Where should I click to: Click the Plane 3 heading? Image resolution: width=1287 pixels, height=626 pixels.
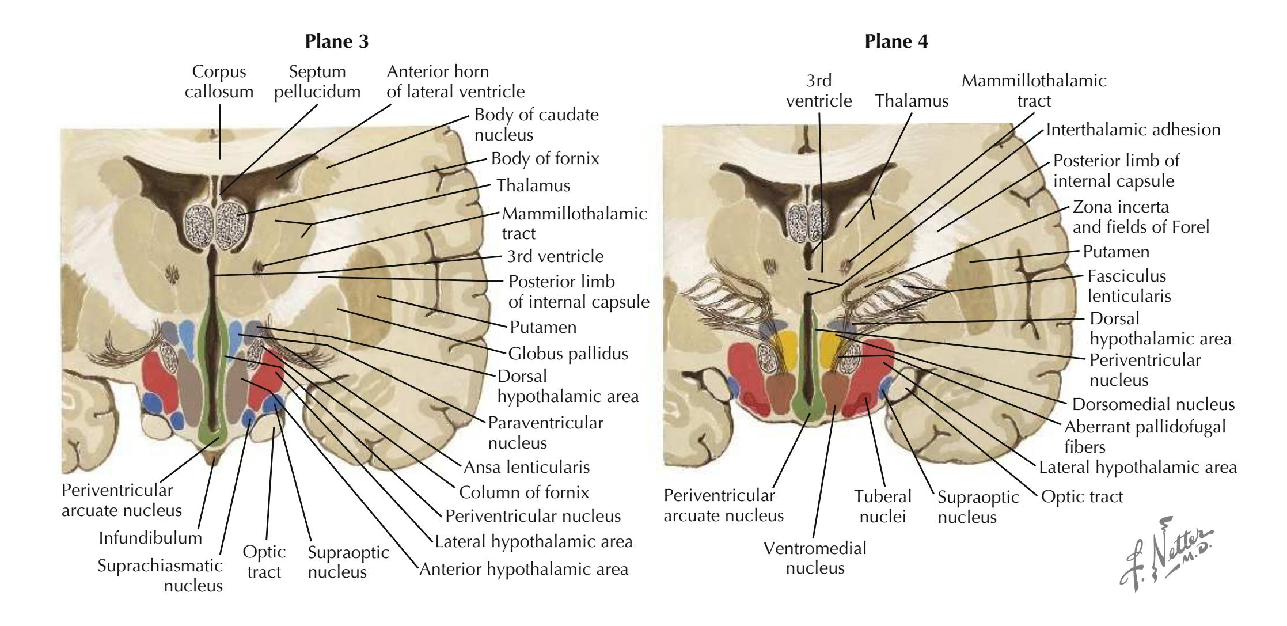pos(337,42)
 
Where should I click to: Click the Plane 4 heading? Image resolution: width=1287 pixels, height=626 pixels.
pos(896,42)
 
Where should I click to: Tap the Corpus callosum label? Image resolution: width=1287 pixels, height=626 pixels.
pos(219,82)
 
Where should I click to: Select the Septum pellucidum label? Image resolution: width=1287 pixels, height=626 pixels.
pos(318,82)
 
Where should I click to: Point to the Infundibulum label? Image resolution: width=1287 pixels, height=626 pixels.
pos(151,538)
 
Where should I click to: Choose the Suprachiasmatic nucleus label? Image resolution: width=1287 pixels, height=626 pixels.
pos(161,575)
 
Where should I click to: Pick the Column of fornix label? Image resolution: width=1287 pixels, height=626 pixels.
pos(523,492)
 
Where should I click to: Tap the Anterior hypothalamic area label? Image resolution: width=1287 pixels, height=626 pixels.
pos(524,569)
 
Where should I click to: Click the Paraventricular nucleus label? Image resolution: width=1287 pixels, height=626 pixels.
pos(545,432)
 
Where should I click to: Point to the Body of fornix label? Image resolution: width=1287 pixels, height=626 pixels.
pos(545,158)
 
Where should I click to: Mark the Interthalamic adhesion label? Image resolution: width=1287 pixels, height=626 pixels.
pos(1133,130)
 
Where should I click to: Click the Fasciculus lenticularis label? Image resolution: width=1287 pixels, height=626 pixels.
pos(1129,286)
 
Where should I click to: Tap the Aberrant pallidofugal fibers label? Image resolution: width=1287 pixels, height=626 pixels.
pos(1145,437)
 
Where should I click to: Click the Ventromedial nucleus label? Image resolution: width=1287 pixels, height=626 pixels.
pos(815,557)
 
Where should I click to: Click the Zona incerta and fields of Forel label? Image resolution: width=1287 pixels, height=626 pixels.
pos(1140,217)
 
